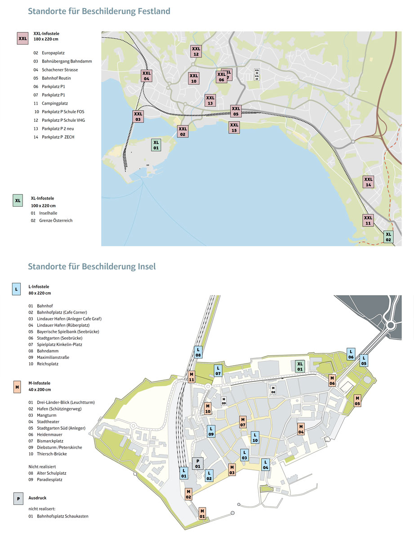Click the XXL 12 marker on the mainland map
click(x=196, y=51)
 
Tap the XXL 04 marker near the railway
click(x=147, y=76)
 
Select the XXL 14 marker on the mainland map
click(x=369, y=181)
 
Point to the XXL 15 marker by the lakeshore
click(x=234, y=128)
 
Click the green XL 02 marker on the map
click(x=388, y=237)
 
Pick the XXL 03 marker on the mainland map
click(x=138, y=116)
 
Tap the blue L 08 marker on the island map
click(x=198, y=352)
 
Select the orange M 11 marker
click(x=191, y=377)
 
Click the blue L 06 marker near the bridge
click(x=351, y=354)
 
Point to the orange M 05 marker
click(x=357, y=401)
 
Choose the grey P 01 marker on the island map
click(x=197, y=464)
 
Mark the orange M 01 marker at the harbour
click(x=202, y=513)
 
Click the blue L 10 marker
click(x=254, y=437)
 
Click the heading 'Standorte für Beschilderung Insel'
click(x=92, y=266)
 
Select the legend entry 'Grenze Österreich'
click(x=56, y=221)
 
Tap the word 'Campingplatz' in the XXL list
click(x=55, y=103)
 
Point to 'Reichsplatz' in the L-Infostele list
click(x=49, y=364)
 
